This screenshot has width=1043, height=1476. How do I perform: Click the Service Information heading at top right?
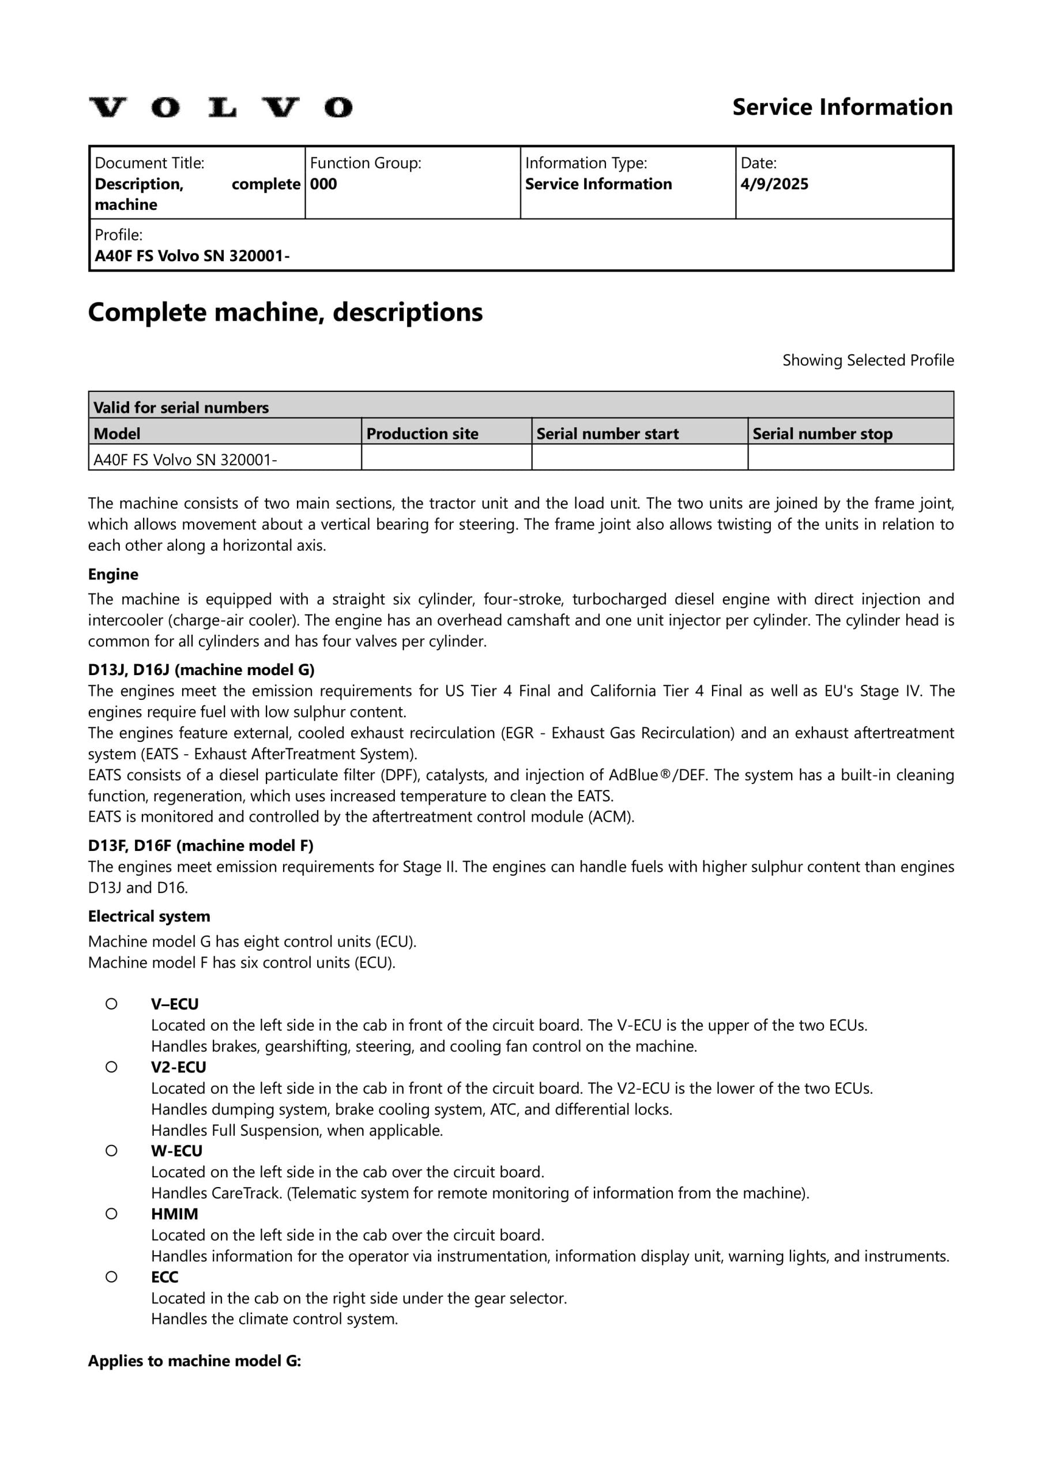pyautogui.click(x=842, y=107)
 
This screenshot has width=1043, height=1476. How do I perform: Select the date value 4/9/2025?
pyautogui.click(x=774, y=184)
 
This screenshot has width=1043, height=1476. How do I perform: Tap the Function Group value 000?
pyautogui.click(x=323, y=184)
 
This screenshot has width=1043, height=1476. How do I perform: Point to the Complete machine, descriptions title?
pyautogui.click(x=285, y=312)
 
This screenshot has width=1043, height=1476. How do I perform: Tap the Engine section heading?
pyautogui.click(x=113, y=574)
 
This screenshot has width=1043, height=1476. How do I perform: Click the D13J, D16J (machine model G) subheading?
pyautogui.click(x=201, y=670)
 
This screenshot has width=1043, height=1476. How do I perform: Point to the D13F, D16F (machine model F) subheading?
pyautogui.click(x=201, y=845)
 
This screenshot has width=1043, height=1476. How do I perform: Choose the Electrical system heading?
pyautogui.click(x=149, y=916)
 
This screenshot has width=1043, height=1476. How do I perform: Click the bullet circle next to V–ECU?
pyautogui.click(x=111, y=1003)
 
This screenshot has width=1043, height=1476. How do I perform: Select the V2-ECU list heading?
pyautogui.click(x=179, y=1067)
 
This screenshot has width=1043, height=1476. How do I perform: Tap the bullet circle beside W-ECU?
pyautogui.click(x=111, y=1150)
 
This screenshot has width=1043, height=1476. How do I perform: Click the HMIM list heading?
pyautogui.click(x=174, y=1214)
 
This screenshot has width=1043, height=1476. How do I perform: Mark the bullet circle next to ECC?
pyautogui.click(x=111, y=1277)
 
